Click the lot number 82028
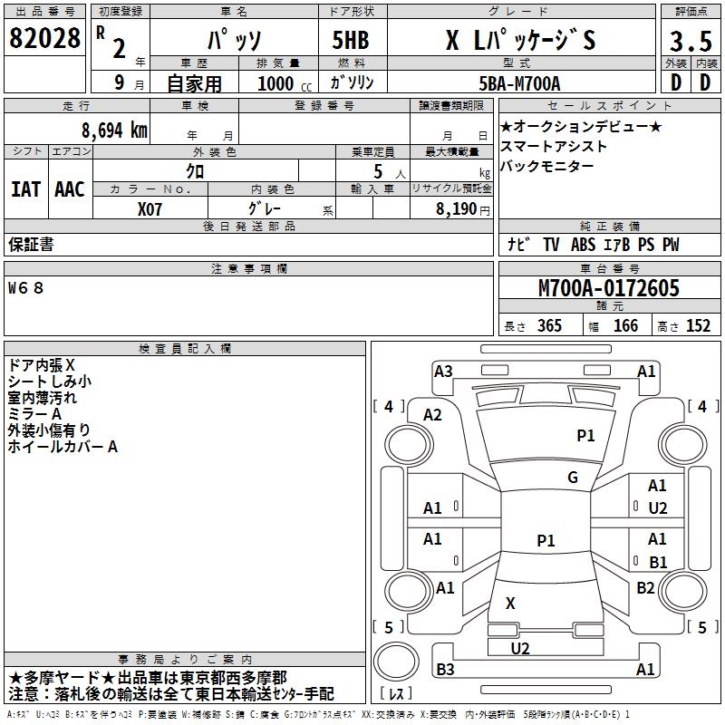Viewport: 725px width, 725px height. pos(44,40)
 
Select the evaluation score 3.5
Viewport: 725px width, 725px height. pos(690,41)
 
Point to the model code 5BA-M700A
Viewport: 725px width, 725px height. pos(519,83)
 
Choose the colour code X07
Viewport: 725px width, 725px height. pos(150,208)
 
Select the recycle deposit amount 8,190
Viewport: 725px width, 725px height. pos(462,208)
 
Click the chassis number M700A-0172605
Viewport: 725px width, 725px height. pos(608,288)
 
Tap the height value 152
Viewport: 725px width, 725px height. pos(698,326)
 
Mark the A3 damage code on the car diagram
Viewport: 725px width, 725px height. pos(443,371)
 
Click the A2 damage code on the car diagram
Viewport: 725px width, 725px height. pos(433,414)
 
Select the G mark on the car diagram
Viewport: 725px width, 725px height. pos(573,478)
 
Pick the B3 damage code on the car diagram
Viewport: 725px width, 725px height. pos(445,670)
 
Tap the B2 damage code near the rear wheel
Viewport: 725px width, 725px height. pos(645,588)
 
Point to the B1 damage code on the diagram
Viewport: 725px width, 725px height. pos(658,562)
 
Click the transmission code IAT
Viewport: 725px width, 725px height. pos(25,189)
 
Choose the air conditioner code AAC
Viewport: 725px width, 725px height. pos(70,189)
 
